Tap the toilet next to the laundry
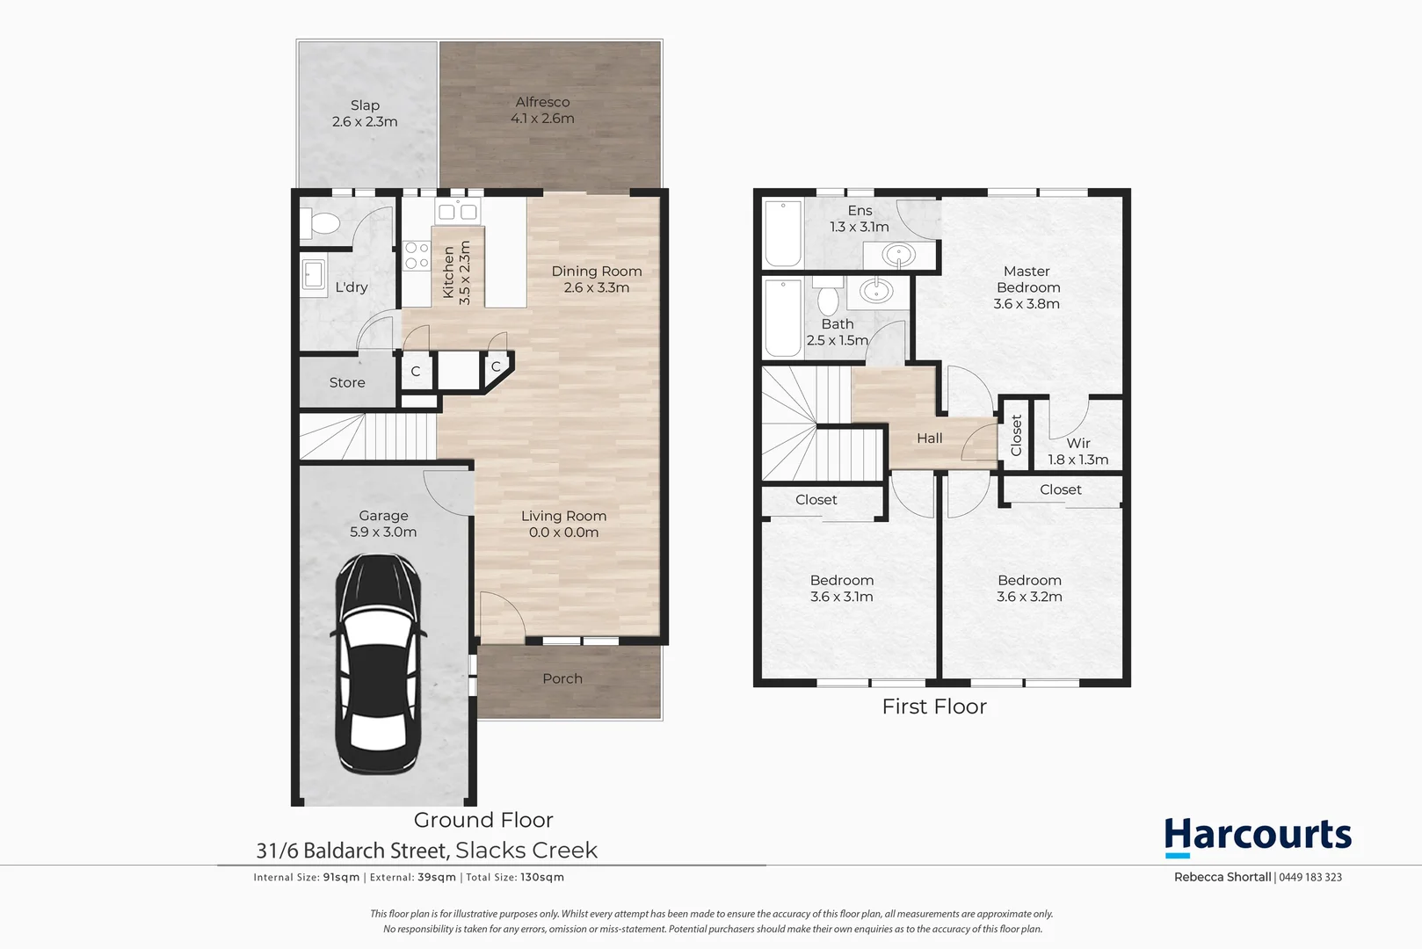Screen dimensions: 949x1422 pyautogui.click(x=323, y=223)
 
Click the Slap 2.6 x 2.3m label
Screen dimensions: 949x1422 pyautogui.click(x=365, y=113)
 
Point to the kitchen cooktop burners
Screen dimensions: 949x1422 pyautogui.click(x=416, y=256)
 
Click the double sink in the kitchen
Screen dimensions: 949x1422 pyautogui.click(x=457, y=211)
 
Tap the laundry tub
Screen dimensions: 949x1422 pyautogui.click(x=313, y=274)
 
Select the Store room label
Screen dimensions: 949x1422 pyautogui.click(x=346, y=382)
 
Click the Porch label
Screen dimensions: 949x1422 pyautogui.click(x=562, y=678)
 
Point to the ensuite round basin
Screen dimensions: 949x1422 pyautogui.click(x=897, y=256)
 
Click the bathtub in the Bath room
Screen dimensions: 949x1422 pyautogui.click(x=781, y=317)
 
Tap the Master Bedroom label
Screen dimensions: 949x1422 pyautogui.click(x=1027, y=287)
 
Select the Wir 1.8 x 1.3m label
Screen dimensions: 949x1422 pyautogui.click(x=1077, y=451)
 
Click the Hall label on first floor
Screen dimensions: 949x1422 pyautogui.click(x=929, y=438)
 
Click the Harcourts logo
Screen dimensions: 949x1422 pyautogui.click(x=1258, y=836)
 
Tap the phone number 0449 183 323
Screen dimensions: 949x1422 pyautogui.click(x=1310, y=877)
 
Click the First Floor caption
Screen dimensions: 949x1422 pyautogui.click(x=933, y=706)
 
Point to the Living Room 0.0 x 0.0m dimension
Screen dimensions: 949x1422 pyautogui.click(x=563, y=532)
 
